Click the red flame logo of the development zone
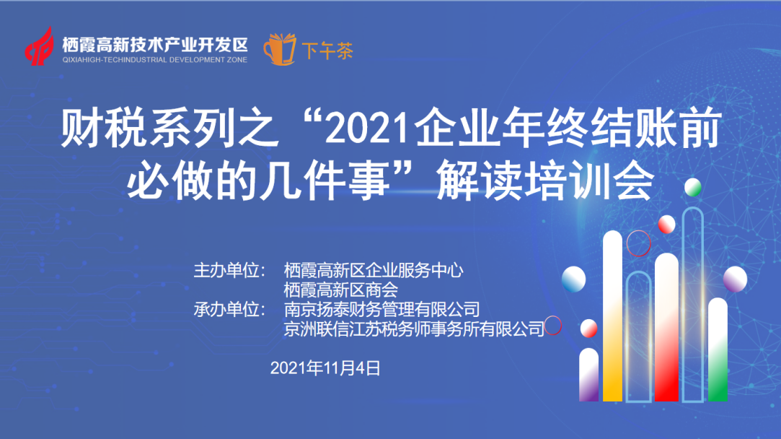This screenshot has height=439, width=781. click(40, 46)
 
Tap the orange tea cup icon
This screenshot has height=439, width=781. click(279, 49)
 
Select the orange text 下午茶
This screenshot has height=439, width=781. click(327, 51)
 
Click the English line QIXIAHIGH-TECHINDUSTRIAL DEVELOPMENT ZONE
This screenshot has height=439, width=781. click(155, 60)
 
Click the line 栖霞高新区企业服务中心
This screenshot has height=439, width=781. click(374, 270)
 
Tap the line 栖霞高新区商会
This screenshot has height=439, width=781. click(340, 290)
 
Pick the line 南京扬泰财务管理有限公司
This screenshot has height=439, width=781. click(381, 309)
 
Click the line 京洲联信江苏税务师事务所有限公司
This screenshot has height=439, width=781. click(414, 329)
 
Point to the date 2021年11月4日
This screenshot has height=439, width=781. click(325, 368)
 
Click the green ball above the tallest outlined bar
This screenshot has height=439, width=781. click(693, 187)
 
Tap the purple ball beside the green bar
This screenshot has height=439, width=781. click(735, 279)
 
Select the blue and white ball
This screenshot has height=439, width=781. click(574, 279)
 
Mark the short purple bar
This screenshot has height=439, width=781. click(588, 375)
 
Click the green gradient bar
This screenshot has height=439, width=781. click(718, 349)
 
